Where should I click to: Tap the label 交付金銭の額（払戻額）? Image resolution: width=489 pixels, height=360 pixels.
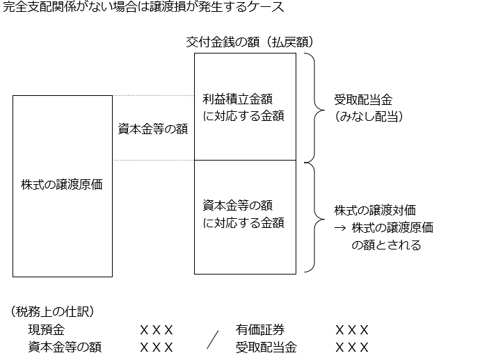250,42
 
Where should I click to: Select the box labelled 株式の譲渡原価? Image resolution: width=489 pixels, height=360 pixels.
62,186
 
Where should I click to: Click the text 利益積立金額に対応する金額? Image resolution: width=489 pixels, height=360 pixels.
243,108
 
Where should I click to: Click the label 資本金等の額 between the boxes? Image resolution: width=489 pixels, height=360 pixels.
153,129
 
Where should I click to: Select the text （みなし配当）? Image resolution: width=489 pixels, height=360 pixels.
369,117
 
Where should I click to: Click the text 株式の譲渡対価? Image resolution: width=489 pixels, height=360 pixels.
375,211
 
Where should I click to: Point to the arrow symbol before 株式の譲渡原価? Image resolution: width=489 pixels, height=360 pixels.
340,227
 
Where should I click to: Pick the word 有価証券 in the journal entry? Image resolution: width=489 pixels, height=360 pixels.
259,329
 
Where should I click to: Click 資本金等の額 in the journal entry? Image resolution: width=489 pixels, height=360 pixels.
65,347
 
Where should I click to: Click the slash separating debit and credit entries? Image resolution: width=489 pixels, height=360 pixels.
213,339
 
